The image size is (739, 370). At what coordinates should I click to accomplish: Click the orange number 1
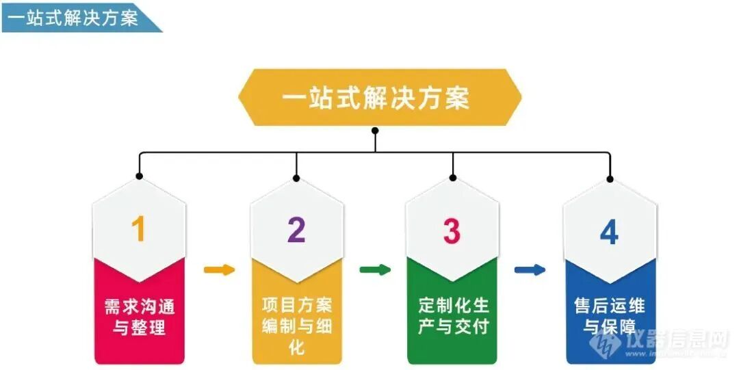pos(139,230)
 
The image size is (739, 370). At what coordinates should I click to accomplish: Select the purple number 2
pos(296,230)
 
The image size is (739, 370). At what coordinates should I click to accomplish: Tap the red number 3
pos(452,231)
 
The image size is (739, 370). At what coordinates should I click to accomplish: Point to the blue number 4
pos(609,232)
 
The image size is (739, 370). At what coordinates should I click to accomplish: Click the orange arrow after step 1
pos(219,269)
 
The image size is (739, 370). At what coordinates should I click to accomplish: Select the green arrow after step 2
pos(375,269)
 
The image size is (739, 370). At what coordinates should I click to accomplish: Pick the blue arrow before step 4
pos(530,269)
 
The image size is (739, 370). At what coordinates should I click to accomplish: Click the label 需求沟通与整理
pos(139,316)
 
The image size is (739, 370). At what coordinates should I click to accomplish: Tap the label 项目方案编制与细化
pos(296,325)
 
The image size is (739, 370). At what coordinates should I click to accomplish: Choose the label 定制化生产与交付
pos(452,315)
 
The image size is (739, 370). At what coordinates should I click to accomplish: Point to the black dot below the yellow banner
pos(375,130)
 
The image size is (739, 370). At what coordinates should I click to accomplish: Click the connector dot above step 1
pos(140,176)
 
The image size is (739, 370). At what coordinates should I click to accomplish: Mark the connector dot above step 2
pos(296,178)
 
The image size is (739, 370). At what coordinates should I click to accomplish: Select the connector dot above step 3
pos(452,178)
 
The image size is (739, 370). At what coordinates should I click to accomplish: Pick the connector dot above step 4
pos(610,179)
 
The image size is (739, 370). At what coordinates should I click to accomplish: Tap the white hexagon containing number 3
pos(452,226)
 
